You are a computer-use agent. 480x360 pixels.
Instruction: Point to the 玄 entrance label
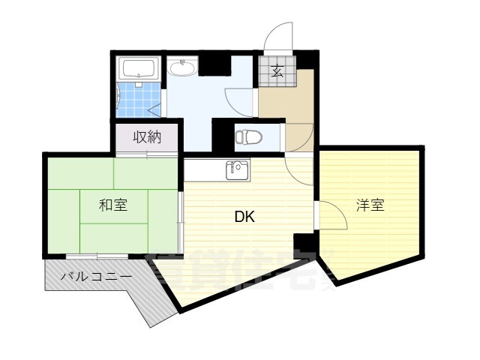[277, 72]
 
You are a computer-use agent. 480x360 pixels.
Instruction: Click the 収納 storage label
[147, 137]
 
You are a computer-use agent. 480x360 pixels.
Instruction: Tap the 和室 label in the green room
[113, 205]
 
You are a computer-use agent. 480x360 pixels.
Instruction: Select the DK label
[244, 218]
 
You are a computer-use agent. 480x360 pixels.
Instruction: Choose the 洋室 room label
[370, 205]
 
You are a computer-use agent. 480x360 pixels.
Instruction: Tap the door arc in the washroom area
[240, 98]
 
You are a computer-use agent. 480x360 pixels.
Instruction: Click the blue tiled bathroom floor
[140, 98]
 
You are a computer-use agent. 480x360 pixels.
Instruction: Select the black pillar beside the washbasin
[214, 64]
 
